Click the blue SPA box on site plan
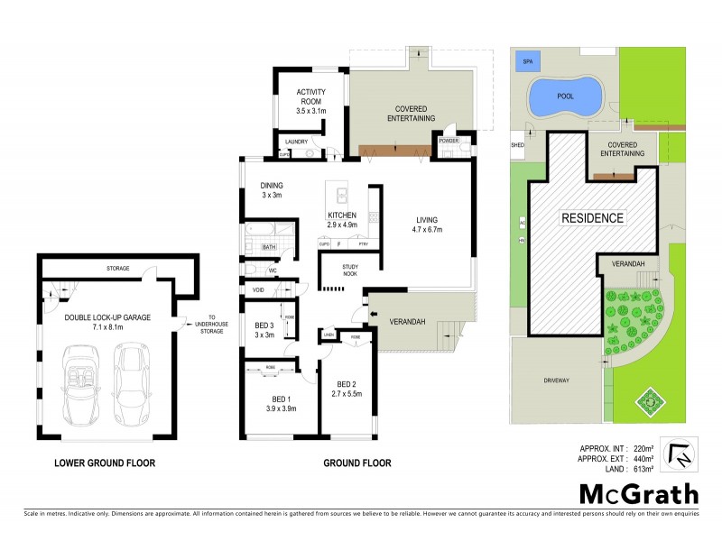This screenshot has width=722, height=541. tap(524, 62)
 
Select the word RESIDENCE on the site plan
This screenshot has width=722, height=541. tap(592, 218)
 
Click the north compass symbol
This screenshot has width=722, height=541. tap(681, 454)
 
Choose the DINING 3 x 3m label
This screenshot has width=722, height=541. tap(272, 190)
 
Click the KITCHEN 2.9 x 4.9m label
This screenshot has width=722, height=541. tap(342, 219)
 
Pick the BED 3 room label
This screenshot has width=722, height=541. tap(264, 330)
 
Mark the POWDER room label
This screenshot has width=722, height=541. tap(449, 142)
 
